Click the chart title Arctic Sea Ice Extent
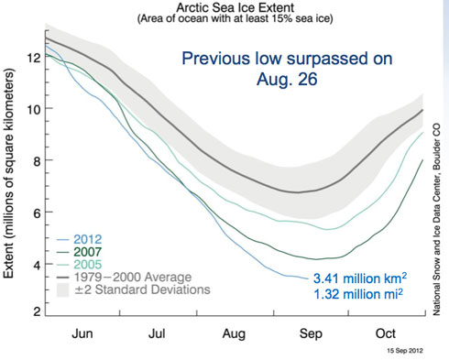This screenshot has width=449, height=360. click(224, 7)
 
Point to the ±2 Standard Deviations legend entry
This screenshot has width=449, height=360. click(126, 290)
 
